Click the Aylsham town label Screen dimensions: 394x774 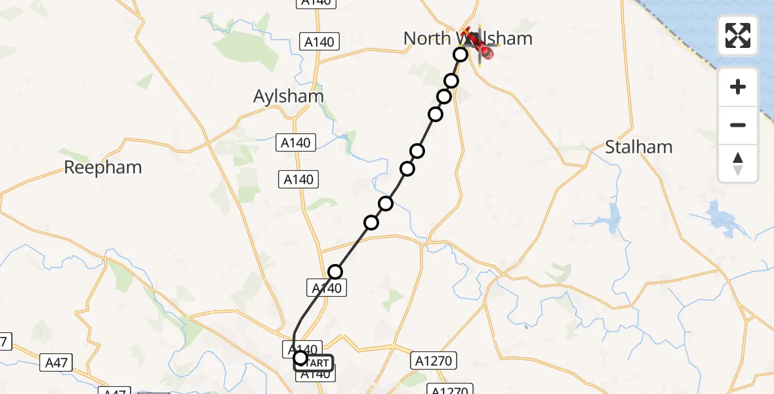click(x=289, y=97)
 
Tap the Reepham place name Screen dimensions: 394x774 click(x=103, y=167)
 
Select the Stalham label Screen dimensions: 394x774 click(x=638, y=147)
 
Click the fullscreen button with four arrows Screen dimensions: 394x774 click(x=738, y=35)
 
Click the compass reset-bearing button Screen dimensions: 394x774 click(x=738, y=164)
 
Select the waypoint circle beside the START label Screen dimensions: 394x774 click(x=300, y=358)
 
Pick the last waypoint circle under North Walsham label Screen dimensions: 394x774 click(x=460, y=55)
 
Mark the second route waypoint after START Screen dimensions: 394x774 click(x=371, y=223)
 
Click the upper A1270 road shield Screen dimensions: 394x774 click(x=434, y=361)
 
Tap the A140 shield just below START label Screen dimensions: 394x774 click(x=315, y=375)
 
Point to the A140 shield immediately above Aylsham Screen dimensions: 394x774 click(x=319, y=42)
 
